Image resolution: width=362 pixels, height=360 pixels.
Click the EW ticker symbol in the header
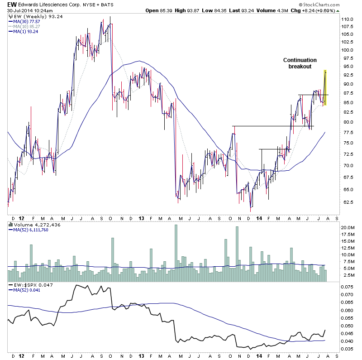tap(12, 4)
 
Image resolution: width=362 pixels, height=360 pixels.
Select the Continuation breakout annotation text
tap(300, 63)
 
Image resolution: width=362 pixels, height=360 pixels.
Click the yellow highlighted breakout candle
tap(325, 87)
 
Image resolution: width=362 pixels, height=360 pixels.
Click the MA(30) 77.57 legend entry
tap(25, 22)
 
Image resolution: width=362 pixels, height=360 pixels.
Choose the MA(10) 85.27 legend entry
tap(25, 27)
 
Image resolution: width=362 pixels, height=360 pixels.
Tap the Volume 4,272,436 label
tap(33, 225)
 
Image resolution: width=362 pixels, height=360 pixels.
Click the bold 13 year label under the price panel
tap(142, 218)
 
